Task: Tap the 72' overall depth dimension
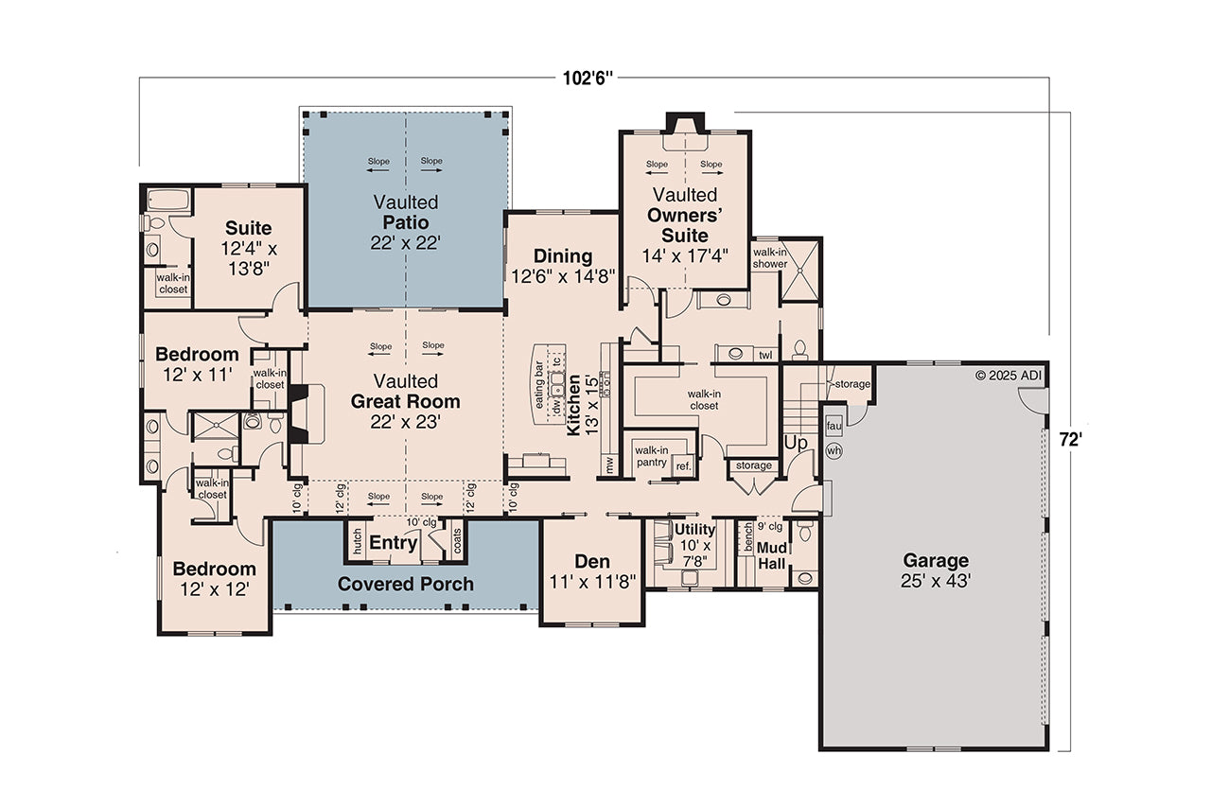tap(1070, 440)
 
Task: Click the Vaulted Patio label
tap(406, 221)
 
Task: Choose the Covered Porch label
tap(406, 584)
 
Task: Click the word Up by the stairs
tap(795, 442)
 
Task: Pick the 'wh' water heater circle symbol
tap(834, 451)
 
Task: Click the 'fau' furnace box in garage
tap(834, 425)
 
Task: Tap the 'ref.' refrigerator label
tap(682, 465)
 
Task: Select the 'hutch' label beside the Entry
tap(357, 542)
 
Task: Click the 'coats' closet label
tap(457, 542)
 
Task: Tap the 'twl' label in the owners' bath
tap(764, 355)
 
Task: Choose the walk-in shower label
tap(769, 258)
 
